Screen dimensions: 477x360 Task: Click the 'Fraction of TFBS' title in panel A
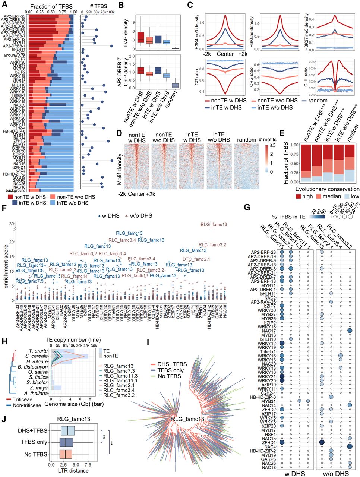(x=51, y=6)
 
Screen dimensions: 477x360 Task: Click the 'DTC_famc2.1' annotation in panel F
(x=196, y=259)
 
